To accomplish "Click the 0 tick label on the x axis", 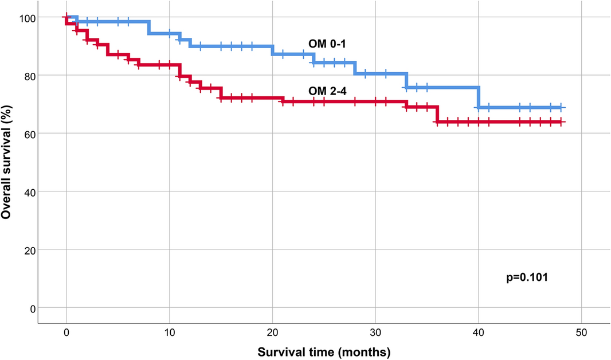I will (66, 332).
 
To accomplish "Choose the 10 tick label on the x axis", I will (169, 332).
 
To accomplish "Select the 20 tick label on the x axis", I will (272, 332).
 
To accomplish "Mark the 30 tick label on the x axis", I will (375, 332).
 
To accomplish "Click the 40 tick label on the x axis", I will (478, 332).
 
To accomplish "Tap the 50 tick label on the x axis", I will (581, 332).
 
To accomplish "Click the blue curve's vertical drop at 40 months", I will (479, 97).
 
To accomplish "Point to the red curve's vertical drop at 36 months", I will (437, 114).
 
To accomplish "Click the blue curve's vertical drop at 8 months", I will (149, 28).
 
